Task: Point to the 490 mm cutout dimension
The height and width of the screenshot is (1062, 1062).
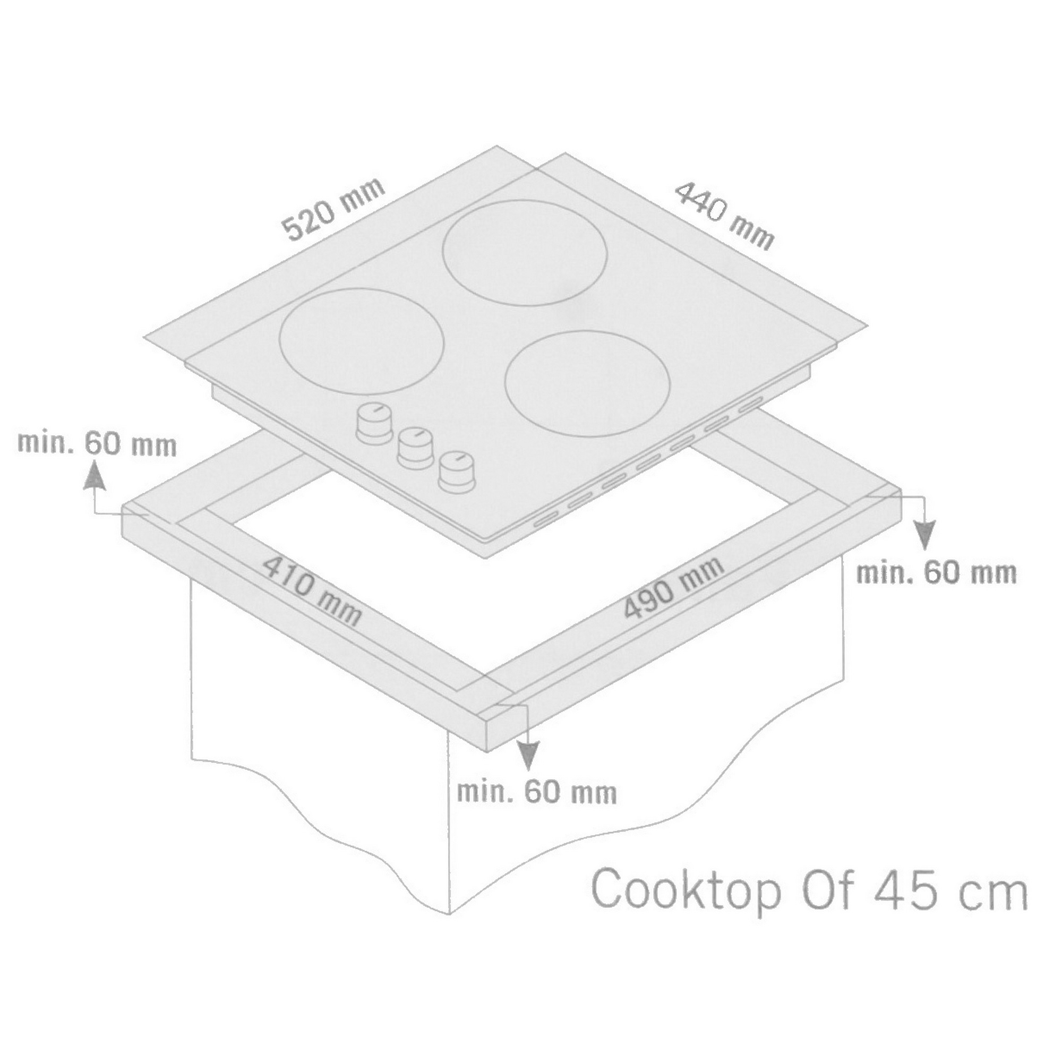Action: tap(674, 588)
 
